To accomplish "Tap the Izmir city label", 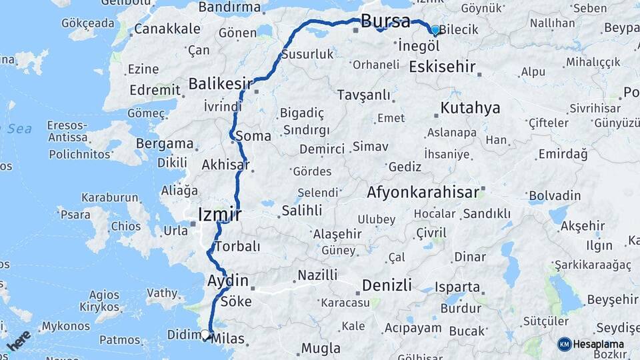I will pos(219,214).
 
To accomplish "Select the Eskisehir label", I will pos(442,67).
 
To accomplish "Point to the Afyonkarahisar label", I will pos(423,193).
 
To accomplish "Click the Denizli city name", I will pos(389,285).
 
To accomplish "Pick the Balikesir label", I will pos(220,84).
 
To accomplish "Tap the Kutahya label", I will pos(470,108).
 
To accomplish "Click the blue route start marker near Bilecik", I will pos(435,30).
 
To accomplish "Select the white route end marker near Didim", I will pos(205,335).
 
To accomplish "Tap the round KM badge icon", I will pos(565,344).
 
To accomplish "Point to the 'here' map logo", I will pos(18,341).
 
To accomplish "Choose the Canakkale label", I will pos(167,29).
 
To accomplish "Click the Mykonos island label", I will pos(65,327).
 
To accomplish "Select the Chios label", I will pos(125,226).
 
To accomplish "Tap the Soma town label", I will pos(257,136).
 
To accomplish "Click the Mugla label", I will pos(321,348).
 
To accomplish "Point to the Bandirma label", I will pos(229,7).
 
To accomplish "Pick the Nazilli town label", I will pos(317,275).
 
